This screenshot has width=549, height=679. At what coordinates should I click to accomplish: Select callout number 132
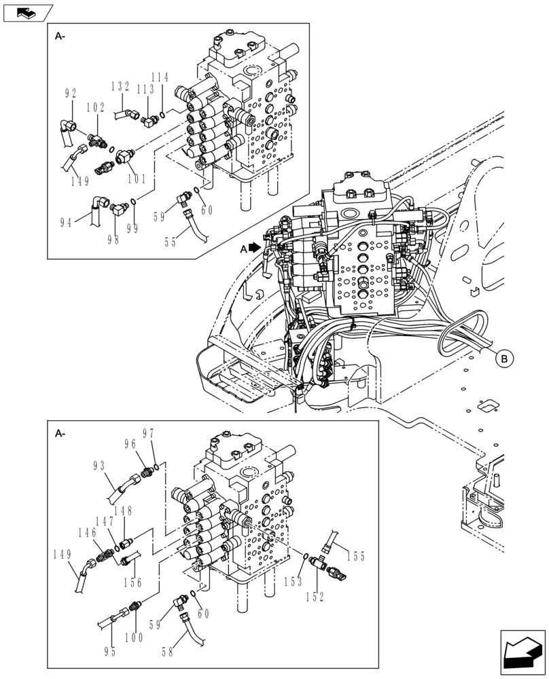(120, 86)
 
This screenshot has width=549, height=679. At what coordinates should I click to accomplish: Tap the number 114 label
(160, 77)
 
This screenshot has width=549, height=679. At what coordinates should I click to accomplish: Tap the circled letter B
(504, 359)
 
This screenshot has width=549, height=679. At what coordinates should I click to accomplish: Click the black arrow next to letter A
(255, 249)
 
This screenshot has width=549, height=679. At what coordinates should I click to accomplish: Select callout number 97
(149, 433)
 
